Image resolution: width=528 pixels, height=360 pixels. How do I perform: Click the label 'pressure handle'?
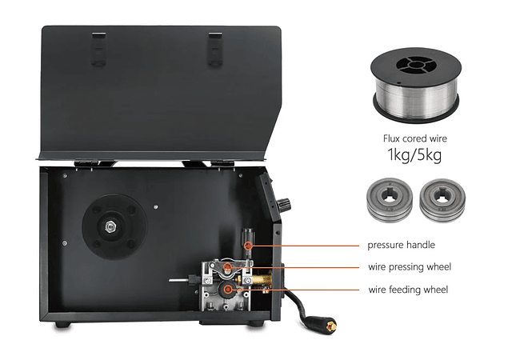click(401, 245)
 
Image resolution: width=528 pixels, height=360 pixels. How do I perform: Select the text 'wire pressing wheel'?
click(410, 267)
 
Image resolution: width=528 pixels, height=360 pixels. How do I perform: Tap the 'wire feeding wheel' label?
click(408, 290)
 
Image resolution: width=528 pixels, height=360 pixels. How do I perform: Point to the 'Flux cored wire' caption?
click(415, 138)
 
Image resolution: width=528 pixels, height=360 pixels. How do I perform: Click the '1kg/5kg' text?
click(414, 155)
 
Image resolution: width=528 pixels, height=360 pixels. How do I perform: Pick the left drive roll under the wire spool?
click(390, 200)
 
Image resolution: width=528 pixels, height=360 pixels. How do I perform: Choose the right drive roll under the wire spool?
click(442, 200)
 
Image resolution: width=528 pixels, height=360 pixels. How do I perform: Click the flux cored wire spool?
click(416, 85)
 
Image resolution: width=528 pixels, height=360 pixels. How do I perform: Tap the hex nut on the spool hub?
click(110, 226)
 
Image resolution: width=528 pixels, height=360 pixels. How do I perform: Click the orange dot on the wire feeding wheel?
click(228, 290)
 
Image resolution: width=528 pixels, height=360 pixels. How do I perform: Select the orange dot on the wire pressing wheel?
click(228, 268)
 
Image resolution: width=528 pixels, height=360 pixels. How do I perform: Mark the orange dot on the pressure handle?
click(248, 246)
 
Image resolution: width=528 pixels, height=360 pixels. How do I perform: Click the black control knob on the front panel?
click(283, 205)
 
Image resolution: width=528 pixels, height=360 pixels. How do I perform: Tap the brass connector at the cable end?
click(332, 326)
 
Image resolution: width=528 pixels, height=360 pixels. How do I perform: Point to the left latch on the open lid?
click(98, 49)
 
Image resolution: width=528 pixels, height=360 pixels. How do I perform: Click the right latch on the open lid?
click(215, 49)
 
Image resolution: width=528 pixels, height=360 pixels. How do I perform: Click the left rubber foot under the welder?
click(63, 325)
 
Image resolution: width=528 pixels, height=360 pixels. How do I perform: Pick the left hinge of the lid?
click(87, 163)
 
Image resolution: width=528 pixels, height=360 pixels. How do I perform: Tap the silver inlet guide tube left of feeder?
click(180, 280)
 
